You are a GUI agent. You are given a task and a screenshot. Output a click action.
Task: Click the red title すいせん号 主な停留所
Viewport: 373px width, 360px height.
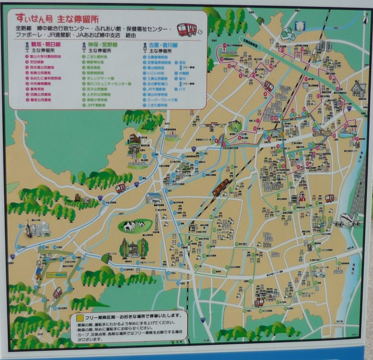point(57,18)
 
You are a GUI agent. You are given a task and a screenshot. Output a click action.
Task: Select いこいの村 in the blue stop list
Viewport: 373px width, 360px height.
point(152,73)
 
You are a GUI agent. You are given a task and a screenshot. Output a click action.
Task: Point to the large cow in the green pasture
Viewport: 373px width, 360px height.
point(129,226)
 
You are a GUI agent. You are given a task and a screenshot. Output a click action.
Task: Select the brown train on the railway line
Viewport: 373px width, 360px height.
point(221,187)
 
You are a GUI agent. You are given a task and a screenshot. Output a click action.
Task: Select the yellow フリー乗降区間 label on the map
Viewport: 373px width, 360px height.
point(56,275)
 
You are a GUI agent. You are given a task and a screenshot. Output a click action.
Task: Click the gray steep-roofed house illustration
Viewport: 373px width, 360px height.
point(359,89)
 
